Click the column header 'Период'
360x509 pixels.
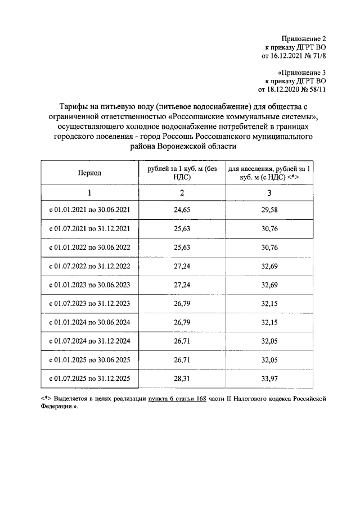[89, 173]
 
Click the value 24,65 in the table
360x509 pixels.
[182, 210]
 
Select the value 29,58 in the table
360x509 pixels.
[269, 210]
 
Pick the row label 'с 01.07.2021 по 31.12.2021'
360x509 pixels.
[90, 228]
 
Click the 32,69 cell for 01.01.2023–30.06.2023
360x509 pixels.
[269, 285]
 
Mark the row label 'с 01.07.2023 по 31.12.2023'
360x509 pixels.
[90, 304]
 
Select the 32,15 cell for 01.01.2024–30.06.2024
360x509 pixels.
[269, 323]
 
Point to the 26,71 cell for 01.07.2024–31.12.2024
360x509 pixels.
[182, 341]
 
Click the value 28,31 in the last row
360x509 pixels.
[182, 379]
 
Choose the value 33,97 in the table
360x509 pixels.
[269, 379]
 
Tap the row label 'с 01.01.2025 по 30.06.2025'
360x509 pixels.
[90, 361]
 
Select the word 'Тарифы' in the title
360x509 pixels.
[74, 106]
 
